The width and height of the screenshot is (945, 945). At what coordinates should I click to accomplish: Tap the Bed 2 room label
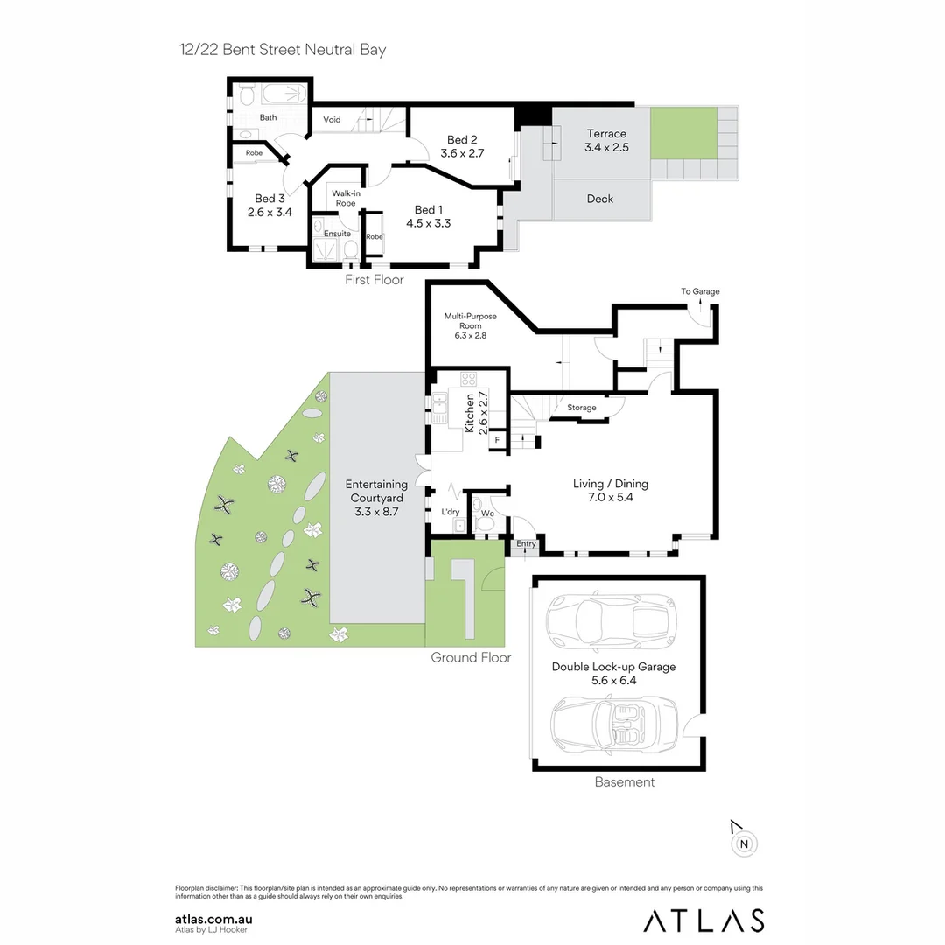(462, 140)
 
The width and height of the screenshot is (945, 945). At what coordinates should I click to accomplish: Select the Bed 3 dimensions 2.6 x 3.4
(269, 212)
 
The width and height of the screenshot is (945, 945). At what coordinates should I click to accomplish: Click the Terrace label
(606, 134)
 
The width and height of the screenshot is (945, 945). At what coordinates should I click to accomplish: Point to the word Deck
(600, 199)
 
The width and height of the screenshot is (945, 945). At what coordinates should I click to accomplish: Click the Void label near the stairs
(332, 120)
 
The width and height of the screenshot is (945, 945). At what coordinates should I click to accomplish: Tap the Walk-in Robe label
(346, 198)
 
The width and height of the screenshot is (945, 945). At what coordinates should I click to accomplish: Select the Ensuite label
(337, 234)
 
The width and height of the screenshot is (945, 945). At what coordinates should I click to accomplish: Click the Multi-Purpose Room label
(470, 321)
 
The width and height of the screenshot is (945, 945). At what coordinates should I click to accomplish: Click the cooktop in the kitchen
(469, 380)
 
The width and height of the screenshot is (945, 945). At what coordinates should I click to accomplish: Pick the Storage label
(581, 408)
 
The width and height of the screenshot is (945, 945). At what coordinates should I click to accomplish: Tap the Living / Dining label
(610, 484)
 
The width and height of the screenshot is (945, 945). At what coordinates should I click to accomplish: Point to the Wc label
(486, 514)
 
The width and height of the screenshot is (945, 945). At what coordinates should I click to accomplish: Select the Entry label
(526, 544)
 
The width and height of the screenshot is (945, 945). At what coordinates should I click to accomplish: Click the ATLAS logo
(703, 920)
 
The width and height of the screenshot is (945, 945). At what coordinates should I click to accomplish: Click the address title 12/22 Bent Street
(280, 50)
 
